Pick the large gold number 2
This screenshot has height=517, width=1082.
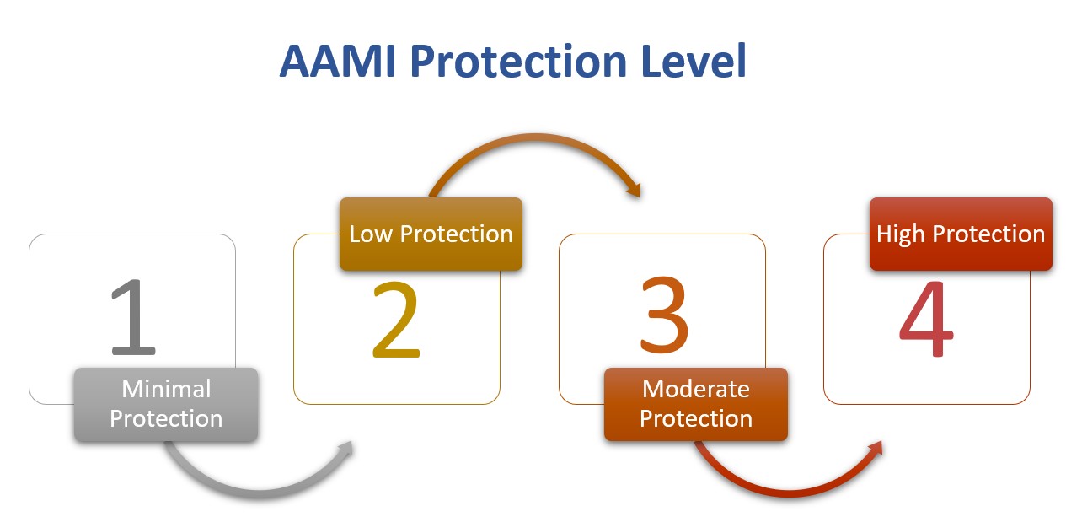point(396,320)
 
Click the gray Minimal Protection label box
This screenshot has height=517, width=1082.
point(166,405)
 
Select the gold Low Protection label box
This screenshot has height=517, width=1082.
point(431,234)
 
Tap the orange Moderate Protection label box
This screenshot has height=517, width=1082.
point(696,405)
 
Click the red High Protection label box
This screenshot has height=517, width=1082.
point(961,234)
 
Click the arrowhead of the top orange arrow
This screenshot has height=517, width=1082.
point(633,189)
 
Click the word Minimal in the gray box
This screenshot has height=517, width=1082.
point(166,390)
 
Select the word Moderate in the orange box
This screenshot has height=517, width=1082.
point(696,390)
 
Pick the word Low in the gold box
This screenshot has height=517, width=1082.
point(372,234)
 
